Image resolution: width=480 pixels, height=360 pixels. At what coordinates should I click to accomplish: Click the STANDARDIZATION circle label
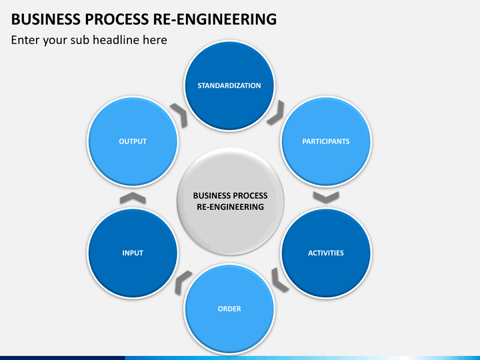pyautogui.click(x=229, y=85)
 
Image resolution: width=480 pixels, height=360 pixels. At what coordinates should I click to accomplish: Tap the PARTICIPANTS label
pyautogui.click(x=325, y=141)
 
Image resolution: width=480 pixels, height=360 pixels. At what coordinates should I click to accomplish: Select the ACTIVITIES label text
pyautogui.click(x=325, y=253)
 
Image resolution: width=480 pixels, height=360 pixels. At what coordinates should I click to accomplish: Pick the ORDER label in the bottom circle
pyautogui.click(x=229, y=309)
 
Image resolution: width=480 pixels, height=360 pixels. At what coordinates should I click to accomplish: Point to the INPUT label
pyautogui.click(x=133, y=253)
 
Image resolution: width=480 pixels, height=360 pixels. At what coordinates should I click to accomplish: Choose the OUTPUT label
pyautogui.click(x=133, y=141)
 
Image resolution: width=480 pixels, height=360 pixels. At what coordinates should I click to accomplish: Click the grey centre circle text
pyautogui.click(x=230, y=201)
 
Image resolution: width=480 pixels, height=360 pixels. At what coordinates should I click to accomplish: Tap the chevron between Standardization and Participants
pyautogui.click(x=275, y=113)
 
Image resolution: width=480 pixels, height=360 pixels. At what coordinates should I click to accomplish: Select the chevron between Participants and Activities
pyautogui.click(x=326, y=197)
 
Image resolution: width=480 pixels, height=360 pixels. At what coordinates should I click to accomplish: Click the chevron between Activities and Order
pyautogui.click(x=280, y=279)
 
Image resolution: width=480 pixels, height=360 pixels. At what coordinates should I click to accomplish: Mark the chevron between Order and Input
pyautogui.click(x=183, y=283)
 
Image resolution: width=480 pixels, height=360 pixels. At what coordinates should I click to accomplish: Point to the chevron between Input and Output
pyautogui.click(x=133, y=197)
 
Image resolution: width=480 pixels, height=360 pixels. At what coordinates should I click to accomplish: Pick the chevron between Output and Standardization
pyautogui.click(x=179, y=113)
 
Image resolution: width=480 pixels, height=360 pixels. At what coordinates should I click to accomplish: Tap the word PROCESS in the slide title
pyautogui.click(x=117, y=19)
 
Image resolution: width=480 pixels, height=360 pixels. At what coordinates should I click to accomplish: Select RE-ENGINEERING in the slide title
pyautogui.click(x=219, y=19)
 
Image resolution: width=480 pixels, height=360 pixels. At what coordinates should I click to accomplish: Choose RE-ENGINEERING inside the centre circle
pyautogui.click(x=230, y=207)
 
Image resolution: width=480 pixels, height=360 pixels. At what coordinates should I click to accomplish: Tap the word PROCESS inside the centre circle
pyautogui.click(x=249, y=196)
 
